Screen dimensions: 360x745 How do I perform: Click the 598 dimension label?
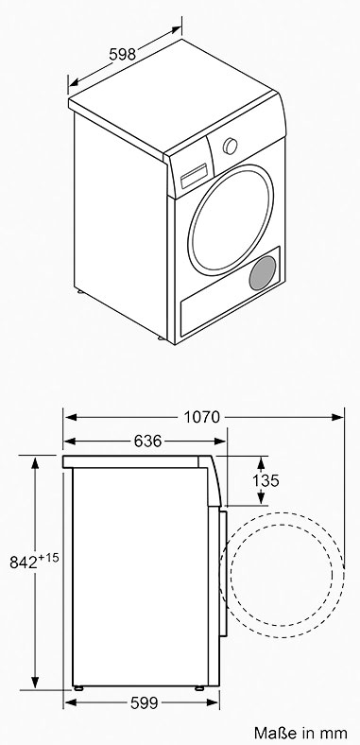(x=123, y=53)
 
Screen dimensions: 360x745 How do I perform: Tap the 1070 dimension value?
(x=202, y=417)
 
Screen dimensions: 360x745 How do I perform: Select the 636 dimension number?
(x=147, y=441)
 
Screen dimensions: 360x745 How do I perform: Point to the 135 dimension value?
(x=266, y=480)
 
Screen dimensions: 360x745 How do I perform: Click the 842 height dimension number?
(x=24, y=563)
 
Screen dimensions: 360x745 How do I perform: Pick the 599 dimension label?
(x=144, y=702)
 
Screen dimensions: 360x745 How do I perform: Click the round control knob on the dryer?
(x=231, y=146)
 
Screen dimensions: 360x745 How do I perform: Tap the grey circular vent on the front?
(x=262, y=272)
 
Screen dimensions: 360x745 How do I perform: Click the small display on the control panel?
(x=194, y=176)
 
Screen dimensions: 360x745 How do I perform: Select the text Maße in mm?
(x=300, y=732)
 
